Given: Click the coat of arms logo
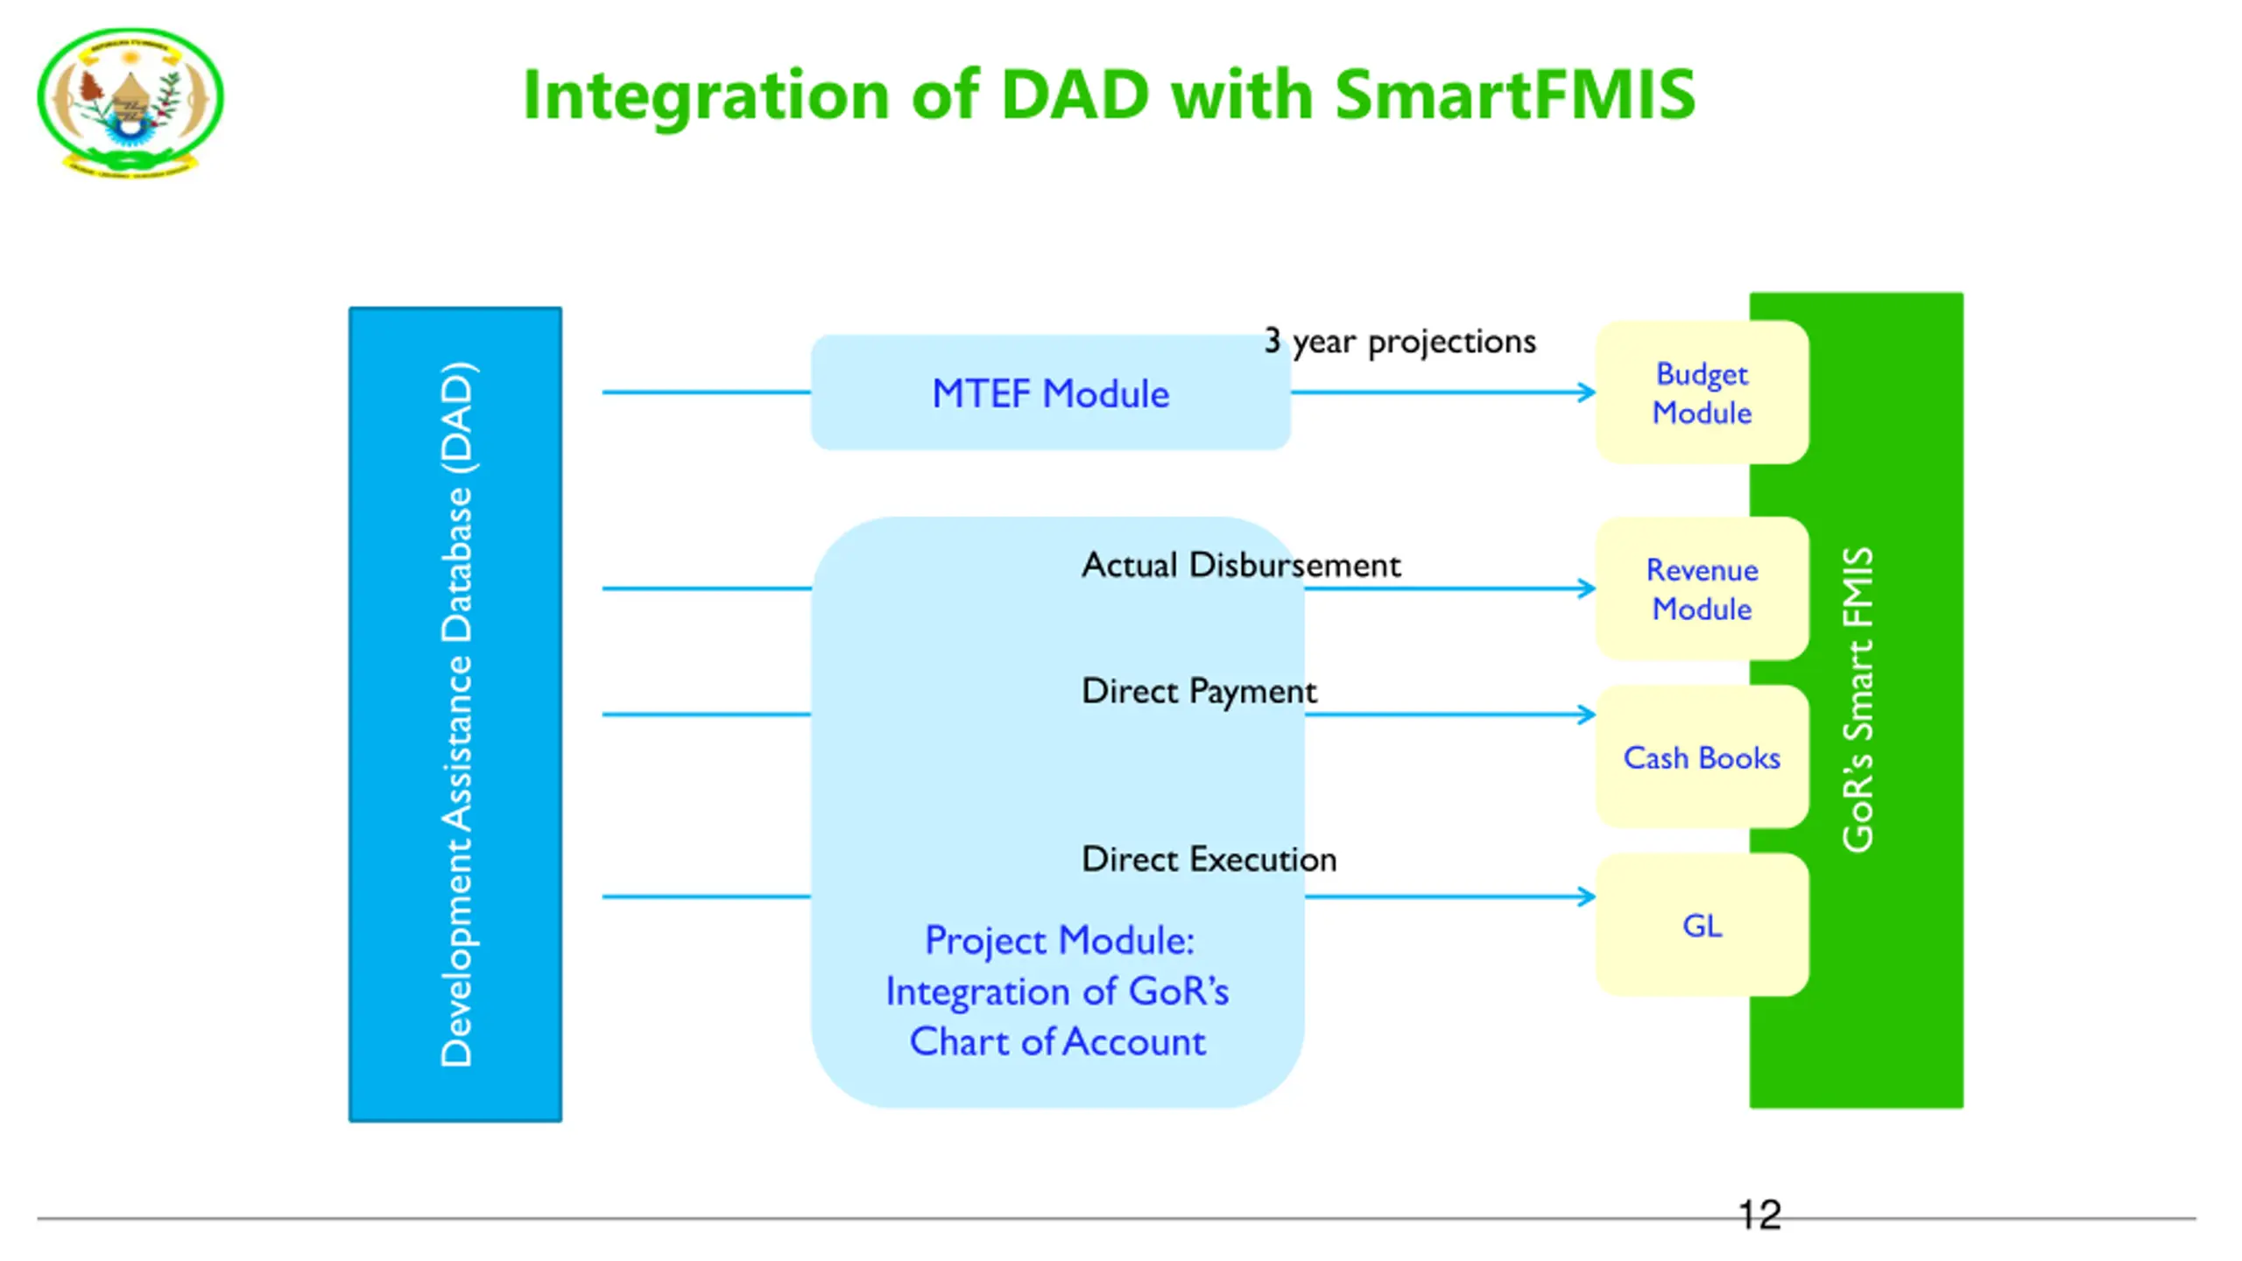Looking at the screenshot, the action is (x=130, y=102).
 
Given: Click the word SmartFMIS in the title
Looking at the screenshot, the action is (x=1514, y=94).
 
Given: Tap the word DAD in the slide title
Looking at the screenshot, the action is (x=1074, y=94).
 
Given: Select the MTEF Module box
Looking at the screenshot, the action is (x=1050, y=393).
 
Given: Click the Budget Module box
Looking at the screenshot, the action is (x=1702, y=393).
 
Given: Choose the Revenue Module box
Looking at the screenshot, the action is (x=1702, y=589).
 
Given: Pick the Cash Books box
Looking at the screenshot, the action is (x=1702, y=757).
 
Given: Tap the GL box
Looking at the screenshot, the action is (x=1702, y=926).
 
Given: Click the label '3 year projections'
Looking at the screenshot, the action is (x=1399, y=342).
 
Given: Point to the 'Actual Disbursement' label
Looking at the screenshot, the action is (x=1241, y=565).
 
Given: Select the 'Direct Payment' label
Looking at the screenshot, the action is (x=1199, y=692).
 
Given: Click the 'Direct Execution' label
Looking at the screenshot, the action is (x=1209, y=859).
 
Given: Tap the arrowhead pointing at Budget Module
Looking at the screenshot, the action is (x=1586, y=392).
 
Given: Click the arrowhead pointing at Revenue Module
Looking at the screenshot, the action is (x=1586, y=588).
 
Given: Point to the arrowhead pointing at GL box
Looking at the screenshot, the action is (x=1586, y=897).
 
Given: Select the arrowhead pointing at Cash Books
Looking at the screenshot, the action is (x=1586, y=715).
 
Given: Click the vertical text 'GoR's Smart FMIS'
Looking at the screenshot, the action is (x=1857, y=700).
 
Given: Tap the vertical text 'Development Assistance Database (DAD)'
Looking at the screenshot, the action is (x=456, y=714).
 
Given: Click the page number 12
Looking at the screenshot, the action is (x=1759, y=1215).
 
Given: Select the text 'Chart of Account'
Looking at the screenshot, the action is (x=1057, y=1042).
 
